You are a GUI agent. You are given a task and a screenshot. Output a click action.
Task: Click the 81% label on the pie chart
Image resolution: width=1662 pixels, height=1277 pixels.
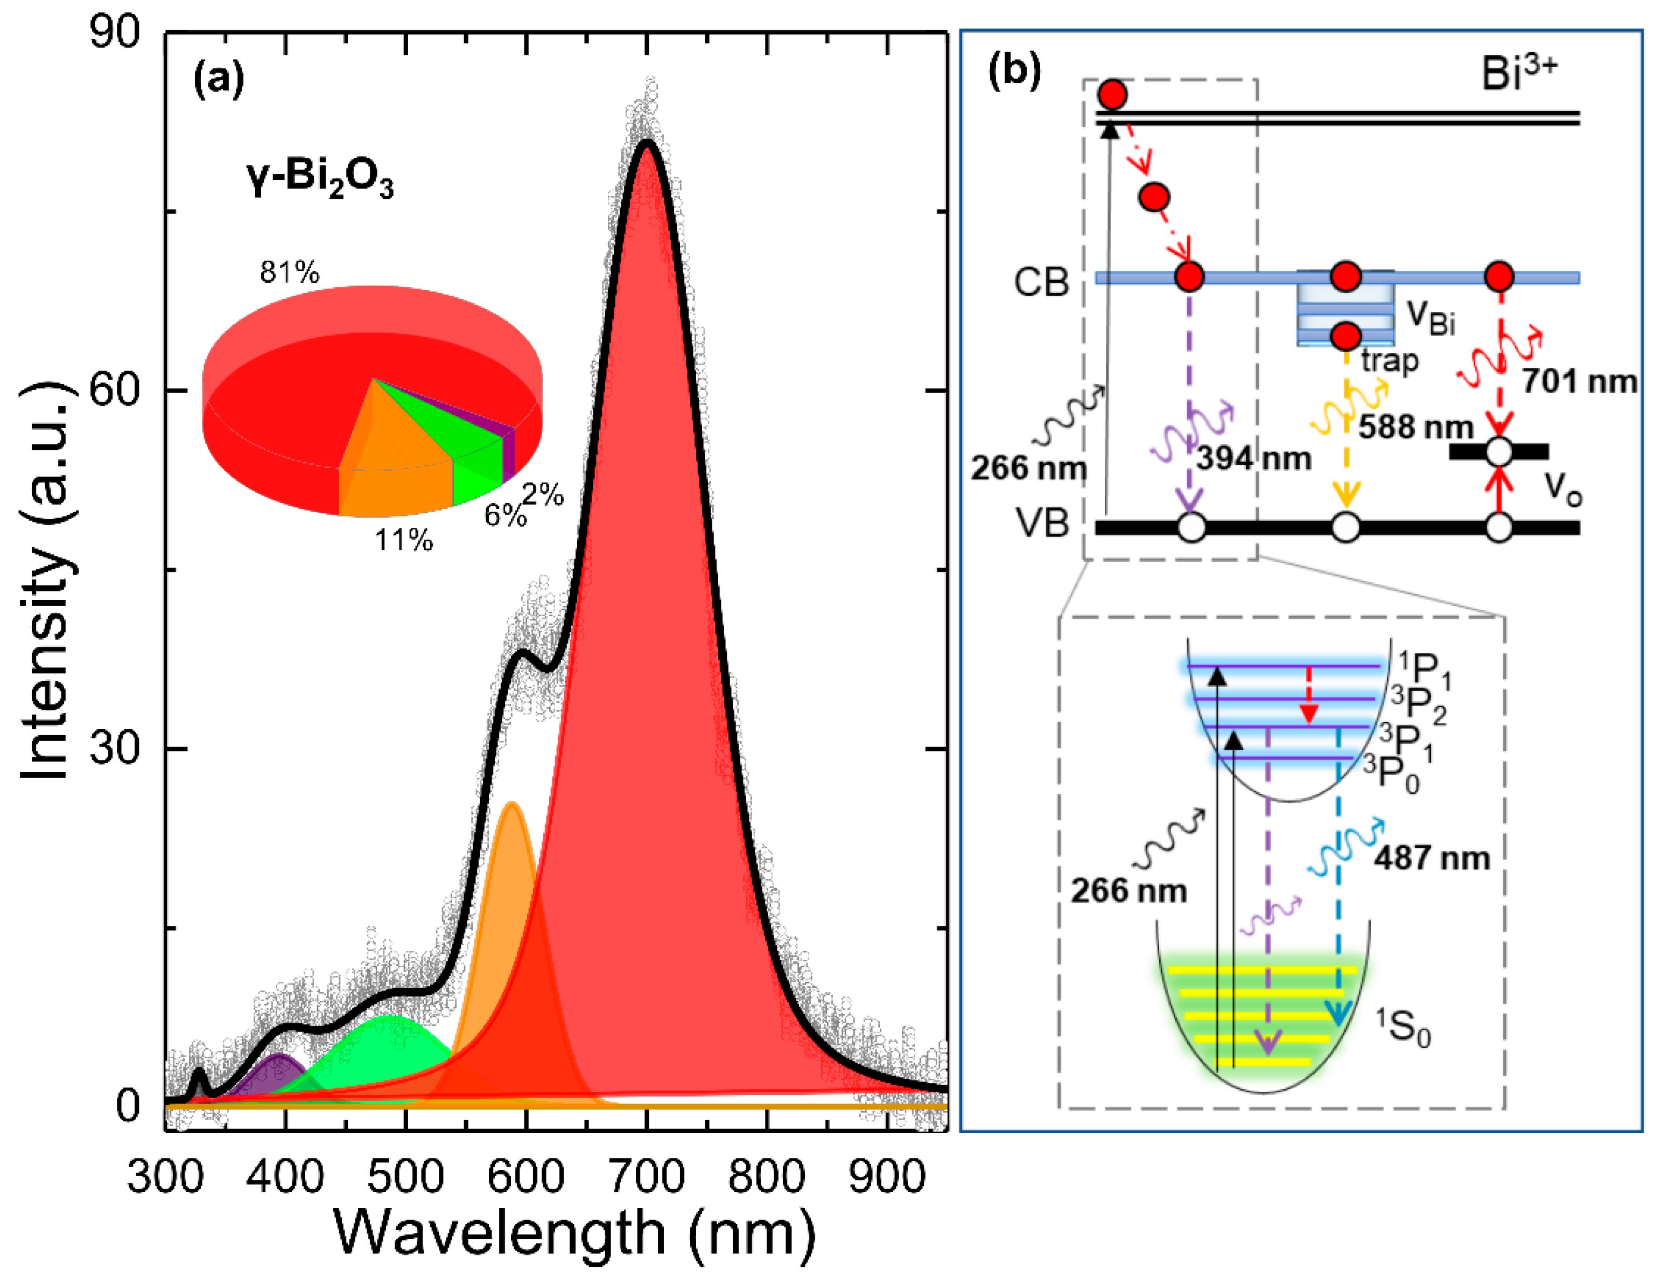[x=289, y=272]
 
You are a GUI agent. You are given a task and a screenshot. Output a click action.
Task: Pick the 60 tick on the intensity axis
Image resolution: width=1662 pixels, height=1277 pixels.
[x=115, y=390]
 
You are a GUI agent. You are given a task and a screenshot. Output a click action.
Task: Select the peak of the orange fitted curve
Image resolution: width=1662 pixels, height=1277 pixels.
[x=511, y=804]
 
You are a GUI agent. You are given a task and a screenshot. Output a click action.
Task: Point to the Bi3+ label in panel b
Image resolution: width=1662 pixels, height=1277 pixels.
[x=1518, y=74]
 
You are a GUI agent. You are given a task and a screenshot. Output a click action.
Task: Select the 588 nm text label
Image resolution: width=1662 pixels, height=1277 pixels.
[x=1416, y=427]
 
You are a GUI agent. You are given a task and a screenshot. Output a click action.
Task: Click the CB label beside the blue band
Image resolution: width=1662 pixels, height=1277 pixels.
[x=1041, y=282]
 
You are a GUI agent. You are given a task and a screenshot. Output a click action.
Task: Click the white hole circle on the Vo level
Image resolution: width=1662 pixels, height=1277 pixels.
[x=1499, y=451]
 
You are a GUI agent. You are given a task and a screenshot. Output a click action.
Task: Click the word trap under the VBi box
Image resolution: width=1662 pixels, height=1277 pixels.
[x=1389, y=360]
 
